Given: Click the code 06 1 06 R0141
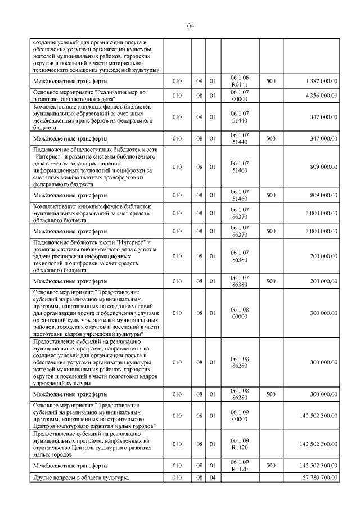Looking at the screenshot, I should coord(240,82).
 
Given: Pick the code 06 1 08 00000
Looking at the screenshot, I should coord(240,313).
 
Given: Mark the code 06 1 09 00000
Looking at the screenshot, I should coord(240,415).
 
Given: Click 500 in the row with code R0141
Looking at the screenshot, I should coord(271,82).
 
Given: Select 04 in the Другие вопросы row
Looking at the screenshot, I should coord(213,478).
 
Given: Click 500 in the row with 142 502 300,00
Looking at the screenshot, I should coord(271,466).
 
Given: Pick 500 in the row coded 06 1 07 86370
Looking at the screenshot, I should coord(271,231).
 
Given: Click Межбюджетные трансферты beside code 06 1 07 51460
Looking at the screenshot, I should coord(70,195).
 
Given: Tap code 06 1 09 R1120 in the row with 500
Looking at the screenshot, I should coord(240,466).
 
